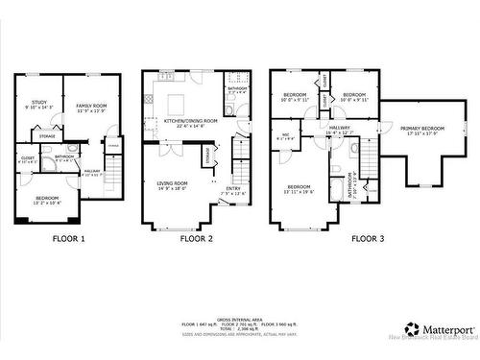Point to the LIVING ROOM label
[x=173, y=182]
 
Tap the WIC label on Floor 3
[x=285, y=134]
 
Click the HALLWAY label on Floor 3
[x=340, y=127]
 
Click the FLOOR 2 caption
[x=196, y=238]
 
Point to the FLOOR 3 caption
[x=371, y=238]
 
